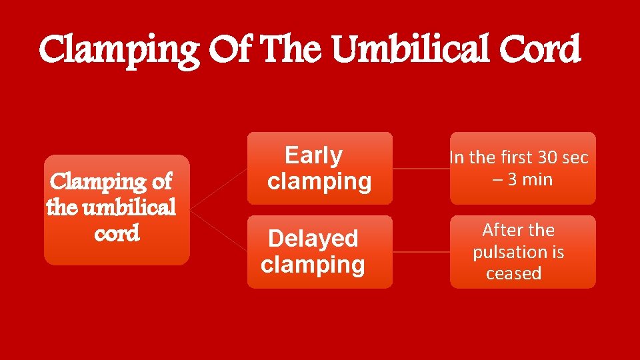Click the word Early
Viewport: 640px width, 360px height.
pyautogui.click(x=313, y=155)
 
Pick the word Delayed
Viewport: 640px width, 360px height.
pyautogui.click(x=313, y=239)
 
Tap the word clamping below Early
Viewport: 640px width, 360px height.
pyautogui.click(x=319, y=181)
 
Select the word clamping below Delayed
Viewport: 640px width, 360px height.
pyautogui.click(x=313, y=265)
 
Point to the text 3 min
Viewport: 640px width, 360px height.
pyautogui.click(x=530, y=179)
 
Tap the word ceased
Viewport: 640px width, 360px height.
pyautogui.click(x=513, y=273)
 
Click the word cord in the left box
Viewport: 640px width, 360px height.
pyautogui.click(x=117, y=234)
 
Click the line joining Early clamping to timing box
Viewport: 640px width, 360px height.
pyautogui.click(x=421, y=169)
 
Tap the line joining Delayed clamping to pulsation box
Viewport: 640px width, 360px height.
pyautogui.click(x=421, y=252)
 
